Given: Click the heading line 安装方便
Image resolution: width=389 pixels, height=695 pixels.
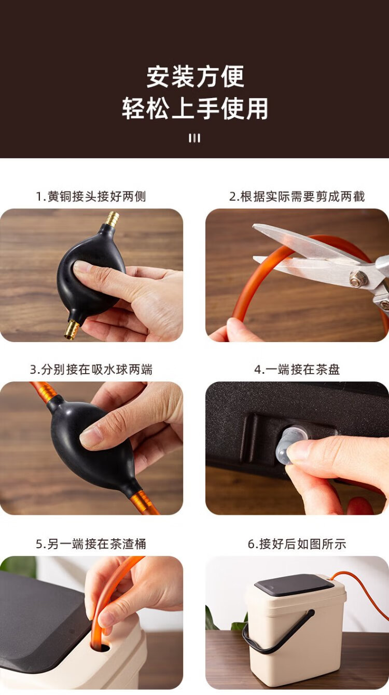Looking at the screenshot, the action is (x=195, y=76).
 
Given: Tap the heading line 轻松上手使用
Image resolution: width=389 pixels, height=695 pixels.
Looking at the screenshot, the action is (x=195, y=108).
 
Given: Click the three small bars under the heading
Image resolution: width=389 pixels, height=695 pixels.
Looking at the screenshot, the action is (x=195, y=138).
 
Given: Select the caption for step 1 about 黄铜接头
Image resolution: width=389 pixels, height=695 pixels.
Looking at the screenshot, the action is (x=91, y=196).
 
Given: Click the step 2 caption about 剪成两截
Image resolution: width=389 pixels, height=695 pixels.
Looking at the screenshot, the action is (x=297, y=196).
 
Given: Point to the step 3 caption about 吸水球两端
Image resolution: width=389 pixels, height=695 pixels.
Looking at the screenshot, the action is (x=91, y=370).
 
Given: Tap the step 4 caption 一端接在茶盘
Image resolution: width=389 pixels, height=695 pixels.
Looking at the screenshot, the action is (x=297, y=370).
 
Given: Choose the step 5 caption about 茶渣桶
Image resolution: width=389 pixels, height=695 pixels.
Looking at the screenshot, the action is (x=91, y=544).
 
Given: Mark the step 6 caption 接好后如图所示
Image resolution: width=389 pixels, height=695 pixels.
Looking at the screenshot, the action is (x=297, y=544).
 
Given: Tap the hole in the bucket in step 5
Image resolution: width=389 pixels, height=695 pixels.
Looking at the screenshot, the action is (x=101, y=647).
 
